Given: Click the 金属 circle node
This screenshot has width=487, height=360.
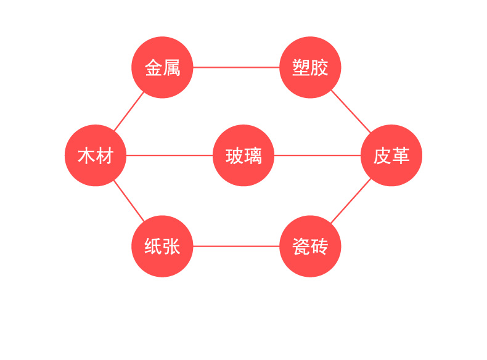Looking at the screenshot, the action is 162,67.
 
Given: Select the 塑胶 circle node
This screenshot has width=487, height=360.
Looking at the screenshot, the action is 310,67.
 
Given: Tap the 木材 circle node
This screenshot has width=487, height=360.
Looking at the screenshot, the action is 96,155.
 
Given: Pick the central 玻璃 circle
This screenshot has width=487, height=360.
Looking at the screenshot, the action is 243,155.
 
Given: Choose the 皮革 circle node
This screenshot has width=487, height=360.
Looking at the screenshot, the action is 391,155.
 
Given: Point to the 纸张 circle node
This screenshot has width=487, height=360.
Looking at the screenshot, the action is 162,247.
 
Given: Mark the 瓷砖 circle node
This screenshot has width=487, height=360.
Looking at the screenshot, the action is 310,247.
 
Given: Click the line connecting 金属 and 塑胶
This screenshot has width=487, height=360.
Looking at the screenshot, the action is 236,67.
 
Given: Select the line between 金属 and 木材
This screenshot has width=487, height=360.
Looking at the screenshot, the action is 129,111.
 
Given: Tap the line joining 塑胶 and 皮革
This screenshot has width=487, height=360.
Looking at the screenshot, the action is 351,111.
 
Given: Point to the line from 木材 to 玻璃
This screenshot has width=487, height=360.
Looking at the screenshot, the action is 170,155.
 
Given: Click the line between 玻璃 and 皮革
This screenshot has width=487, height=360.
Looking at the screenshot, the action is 317,155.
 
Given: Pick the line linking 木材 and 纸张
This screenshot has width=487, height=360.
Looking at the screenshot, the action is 129,201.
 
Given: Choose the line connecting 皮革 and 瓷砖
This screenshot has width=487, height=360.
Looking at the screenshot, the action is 351,201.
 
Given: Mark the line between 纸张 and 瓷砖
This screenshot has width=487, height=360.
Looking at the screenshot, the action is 236,247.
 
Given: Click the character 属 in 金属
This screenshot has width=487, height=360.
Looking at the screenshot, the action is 171,68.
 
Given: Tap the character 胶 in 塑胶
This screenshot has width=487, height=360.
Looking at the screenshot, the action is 319,68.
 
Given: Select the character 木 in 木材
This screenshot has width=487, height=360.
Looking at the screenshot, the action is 86,155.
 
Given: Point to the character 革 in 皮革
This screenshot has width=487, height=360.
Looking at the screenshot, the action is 401,155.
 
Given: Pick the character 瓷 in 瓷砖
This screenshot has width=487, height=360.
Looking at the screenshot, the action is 301,247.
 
